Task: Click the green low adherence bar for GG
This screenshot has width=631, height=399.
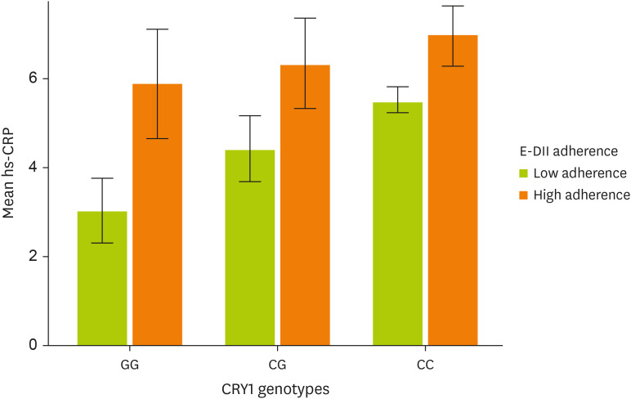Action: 102,279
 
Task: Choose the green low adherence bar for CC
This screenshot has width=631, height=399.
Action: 398,224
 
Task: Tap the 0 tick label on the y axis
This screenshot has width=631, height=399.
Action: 34,346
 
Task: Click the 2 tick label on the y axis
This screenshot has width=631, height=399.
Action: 34,257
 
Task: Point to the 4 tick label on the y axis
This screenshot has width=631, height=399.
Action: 34,168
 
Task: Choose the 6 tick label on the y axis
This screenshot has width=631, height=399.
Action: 34,78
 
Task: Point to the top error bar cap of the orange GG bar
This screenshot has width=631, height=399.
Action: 157,29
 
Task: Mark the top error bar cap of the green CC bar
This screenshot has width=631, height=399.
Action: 398,87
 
